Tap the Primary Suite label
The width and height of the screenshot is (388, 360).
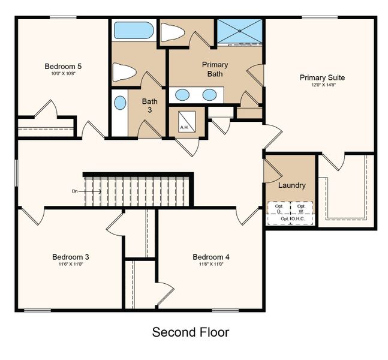pos(323,77)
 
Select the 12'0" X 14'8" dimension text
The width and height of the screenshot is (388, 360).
pos(323,85)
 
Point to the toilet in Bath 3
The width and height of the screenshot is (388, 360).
pos(125,73)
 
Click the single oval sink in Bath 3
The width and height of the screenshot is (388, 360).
pos(121,103)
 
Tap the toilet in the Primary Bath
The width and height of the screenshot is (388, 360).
pos(173,33)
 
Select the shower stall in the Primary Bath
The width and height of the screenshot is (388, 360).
pos(240,31)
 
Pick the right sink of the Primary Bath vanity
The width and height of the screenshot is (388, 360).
pos(209,94)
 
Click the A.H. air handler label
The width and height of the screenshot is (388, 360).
pos(184,127)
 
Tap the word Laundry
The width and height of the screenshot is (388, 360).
pos(291,185)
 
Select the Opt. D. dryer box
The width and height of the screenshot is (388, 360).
pos(279,208)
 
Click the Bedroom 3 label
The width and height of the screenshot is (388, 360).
pos(70,257)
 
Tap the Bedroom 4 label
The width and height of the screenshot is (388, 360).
pos(210,257)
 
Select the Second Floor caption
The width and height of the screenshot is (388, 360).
pos(191,332)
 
